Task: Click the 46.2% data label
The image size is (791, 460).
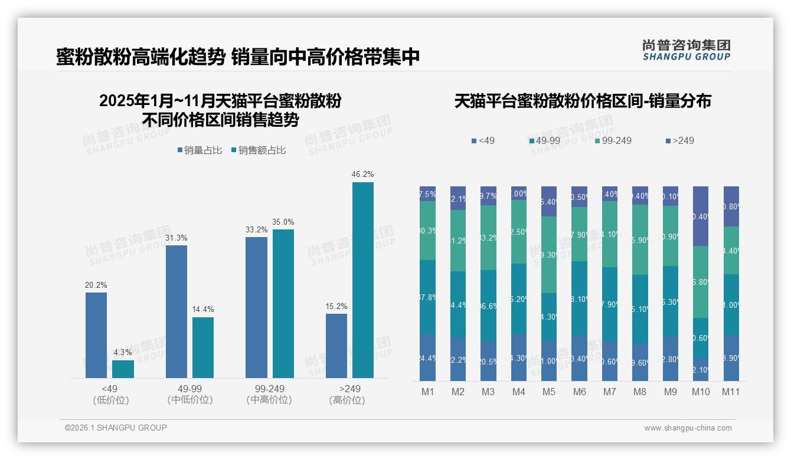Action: (x=362, y=175)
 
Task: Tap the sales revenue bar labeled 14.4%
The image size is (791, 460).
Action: (x=203, y=347)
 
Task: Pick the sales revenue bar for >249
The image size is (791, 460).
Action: (x=362, y=280)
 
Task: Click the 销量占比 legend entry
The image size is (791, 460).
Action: (x=200, y=150)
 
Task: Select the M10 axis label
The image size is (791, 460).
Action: (x=701, y=392)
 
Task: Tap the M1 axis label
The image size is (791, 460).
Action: (x=427, y=392)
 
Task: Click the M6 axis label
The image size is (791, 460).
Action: (x=579, y=392)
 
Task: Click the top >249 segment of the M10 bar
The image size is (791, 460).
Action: (x=701, y=216)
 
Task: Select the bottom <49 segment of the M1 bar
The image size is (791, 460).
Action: (x=427, y=357)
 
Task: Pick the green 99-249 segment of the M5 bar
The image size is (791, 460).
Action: (x=549, y=255)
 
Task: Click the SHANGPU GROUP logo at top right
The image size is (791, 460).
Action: (x=686, y=50)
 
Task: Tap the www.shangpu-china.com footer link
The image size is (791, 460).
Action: (x=688, y=428)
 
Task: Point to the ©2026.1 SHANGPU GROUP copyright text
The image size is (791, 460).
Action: (x=116, y=428)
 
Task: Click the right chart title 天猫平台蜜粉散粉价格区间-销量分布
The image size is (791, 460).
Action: (x=583, y=101)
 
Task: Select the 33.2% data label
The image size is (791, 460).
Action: (x=256, y=229)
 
